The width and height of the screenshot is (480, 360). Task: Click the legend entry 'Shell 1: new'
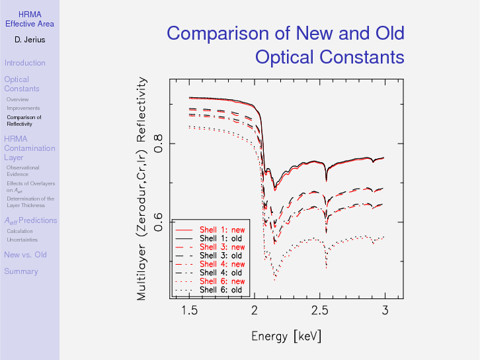221,230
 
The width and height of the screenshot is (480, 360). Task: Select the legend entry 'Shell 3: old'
221,255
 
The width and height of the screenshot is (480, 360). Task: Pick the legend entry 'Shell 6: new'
221,281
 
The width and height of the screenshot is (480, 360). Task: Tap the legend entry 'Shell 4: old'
221,273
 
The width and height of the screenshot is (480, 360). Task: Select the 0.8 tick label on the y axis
158,144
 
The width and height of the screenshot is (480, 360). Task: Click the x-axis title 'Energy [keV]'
286,336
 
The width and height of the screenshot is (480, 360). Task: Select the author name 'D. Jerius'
30,40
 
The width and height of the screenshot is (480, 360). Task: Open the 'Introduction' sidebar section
24,63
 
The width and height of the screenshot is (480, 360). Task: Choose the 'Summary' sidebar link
20,271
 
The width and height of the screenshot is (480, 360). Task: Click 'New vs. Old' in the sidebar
25,255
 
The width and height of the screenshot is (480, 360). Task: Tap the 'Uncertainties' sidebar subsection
22,240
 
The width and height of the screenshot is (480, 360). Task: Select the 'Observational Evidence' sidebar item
22,171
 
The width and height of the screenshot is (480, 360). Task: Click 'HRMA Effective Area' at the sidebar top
30,19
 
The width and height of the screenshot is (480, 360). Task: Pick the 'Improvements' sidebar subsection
23,108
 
